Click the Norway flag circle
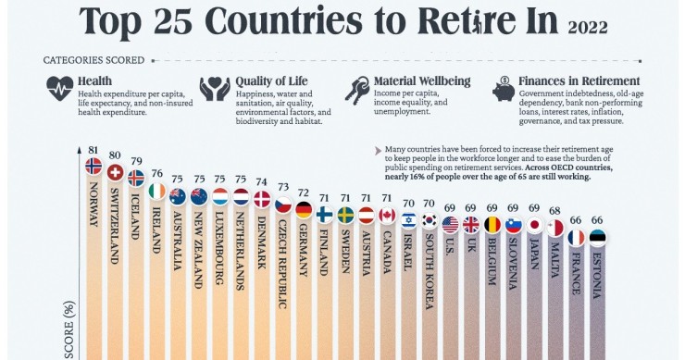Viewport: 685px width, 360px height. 93,166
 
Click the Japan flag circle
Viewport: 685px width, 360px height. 534,225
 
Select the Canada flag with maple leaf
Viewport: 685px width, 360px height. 387,216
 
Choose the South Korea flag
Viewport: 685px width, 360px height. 430,220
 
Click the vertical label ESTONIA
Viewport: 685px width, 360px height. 597,274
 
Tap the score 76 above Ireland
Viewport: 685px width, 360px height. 156,172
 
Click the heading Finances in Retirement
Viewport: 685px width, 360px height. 579,81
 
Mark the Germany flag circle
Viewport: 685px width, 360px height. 304,209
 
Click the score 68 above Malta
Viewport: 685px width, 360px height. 555,210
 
